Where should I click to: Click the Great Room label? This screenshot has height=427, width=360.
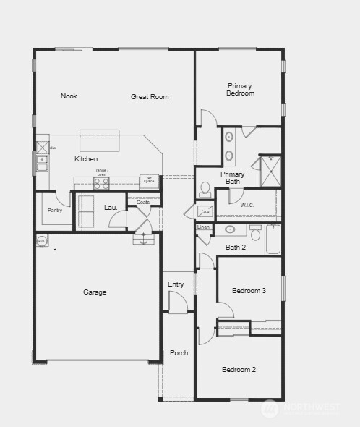tap(150, 96)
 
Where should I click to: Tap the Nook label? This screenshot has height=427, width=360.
tap(69, 96)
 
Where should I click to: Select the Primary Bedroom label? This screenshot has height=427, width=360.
tap(240, 89)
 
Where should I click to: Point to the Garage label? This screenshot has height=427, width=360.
tap(95, 292)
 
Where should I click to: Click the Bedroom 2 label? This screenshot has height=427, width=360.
tap(239, 370)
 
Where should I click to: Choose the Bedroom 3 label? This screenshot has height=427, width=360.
tap(249, 291)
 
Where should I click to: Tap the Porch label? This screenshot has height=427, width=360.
tap(179, 353)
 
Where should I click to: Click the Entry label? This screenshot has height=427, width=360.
tap(176, 284)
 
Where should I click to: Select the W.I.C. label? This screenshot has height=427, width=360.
tap(248, 206)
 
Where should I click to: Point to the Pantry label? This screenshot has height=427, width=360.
tap(55, 211)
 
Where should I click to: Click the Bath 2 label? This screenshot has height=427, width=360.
tap(236, 248)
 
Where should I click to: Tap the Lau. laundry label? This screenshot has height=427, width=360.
tap(111, 208)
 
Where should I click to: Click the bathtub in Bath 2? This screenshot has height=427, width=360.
tap(273, 240)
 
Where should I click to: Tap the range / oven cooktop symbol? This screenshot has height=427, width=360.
tap(101, 183)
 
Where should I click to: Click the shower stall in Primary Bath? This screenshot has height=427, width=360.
tap(270, 171)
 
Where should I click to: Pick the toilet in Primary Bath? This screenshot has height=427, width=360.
tap(205, 190)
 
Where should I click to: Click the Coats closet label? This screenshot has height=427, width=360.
tap(143, 203)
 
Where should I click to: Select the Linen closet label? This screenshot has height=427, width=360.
tap(204, 227)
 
